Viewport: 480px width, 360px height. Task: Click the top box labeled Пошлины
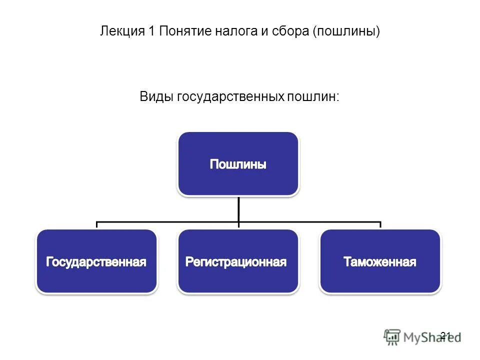(238, 163)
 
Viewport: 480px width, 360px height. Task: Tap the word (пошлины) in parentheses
(346, 31)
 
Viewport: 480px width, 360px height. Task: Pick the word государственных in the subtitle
(229, 96)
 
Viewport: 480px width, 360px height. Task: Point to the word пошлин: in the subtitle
(312, 96)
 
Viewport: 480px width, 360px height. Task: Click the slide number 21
(445, 335)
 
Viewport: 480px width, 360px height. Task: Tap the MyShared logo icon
(392, 337)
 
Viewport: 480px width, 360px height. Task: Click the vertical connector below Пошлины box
(238, 209)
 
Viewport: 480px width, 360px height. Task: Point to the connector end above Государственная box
(96, 225)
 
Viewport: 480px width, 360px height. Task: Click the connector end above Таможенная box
(380, 225)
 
